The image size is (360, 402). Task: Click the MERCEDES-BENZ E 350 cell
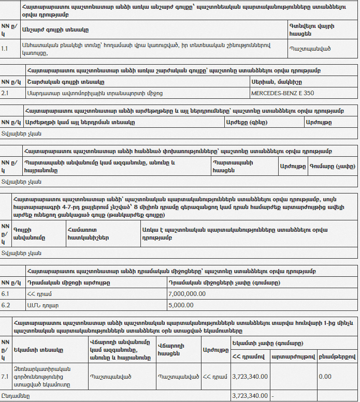pos(282,93)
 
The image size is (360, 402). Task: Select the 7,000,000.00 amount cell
pos(187,293)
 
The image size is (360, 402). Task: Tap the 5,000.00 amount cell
pos(181,305)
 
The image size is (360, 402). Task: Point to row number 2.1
pos(5,93)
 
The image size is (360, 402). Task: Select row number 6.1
pos(5,293)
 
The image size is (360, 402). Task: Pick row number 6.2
pos(5,305)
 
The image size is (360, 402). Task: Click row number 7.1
pos(5,376)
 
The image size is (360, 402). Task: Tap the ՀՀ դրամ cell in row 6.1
pos(37,293)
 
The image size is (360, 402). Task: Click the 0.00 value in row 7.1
pos(325,376)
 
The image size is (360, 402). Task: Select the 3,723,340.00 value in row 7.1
pos(250,376)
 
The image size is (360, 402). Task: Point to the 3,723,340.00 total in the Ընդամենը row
pos(250,396)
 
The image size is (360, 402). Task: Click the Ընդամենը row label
pos(15,396)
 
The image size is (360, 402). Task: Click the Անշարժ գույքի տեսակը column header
pos(55,29)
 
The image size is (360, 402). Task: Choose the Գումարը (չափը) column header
pos(332,167)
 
